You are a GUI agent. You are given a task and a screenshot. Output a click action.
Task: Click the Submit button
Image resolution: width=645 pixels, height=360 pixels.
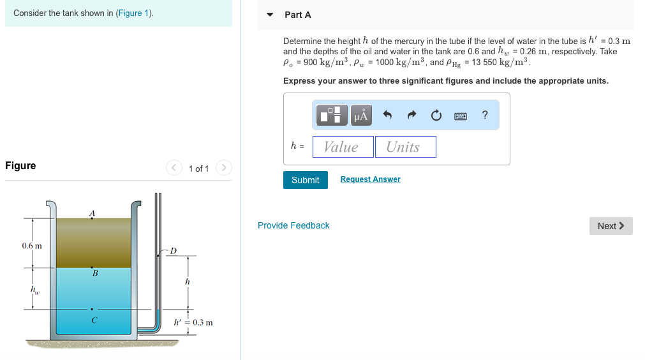pos(305,180)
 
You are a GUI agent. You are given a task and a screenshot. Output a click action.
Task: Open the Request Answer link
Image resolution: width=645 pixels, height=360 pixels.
pos(370,179)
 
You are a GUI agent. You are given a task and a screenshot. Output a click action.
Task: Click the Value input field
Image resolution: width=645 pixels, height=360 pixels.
pos(343,147)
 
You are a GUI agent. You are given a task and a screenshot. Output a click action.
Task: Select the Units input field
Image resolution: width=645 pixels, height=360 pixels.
pos(405,147)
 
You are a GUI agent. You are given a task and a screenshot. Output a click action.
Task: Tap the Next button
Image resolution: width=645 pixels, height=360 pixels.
pos(611,226)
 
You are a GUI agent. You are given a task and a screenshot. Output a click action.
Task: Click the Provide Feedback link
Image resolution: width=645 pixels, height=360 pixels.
pos(293,225)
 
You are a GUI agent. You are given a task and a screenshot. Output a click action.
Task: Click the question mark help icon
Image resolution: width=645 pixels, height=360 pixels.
pos(485,115)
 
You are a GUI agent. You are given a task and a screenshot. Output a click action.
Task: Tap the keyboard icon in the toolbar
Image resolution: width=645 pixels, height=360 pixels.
pos(461,116)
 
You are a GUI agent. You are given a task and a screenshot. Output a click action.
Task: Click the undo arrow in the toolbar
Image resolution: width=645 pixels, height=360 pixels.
pos(387,116)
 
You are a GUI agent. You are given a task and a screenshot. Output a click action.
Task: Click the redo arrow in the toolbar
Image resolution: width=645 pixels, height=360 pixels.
pos(411,116)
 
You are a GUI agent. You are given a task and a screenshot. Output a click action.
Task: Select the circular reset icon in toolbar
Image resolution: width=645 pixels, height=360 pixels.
pos(436,116)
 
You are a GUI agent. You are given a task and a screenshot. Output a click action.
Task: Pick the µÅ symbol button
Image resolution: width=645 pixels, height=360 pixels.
pos(360,116)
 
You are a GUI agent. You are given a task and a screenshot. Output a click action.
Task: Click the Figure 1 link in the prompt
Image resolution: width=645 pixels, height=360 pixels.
pos(133,13)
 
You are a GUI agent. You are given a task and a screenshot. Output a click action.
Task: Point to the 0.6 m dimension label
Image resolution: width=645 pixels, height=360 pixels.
pos(31,246)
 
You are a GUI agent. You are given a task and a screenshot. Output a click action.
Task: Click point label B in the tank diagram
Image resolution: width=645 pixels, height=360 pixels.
pos(95,273)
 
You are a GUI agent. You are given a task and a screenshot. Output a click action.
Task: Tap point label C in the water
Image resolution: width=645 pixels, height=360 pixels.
pos(94,320)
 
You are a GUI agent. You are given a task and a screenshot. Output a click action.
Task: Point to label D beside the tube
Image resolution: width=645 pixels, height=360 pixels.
pos(172,251)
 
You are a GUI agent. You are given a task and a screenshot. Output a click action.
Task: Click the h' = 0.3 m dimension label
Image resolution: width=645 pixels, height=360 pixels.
pos(193,322)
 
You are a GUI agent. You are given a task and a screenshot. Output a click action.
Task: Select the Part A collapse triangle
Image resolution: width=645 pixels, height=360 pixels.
pos(270,15)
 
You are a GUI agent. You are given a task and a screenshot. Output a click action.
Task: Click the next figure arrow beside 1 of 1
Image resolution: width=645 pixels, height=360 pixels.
pos(223,168)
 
